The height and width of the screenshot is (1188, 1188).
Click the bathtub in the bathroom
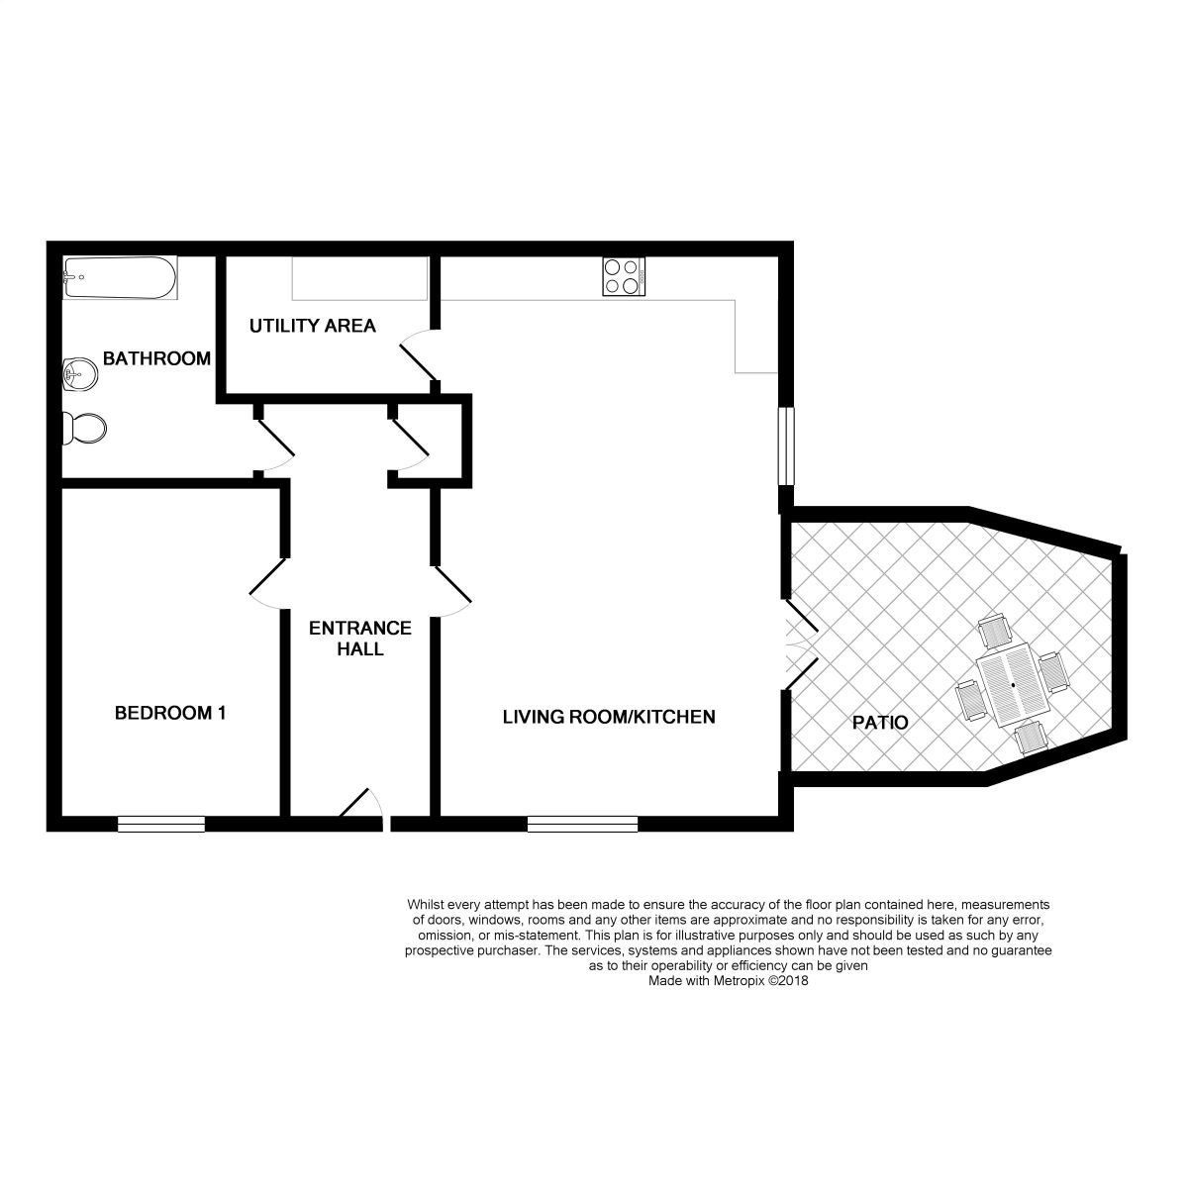[x=120, y=277]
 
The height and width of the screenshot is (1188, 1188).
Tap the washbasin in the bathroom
[x=80, y=374]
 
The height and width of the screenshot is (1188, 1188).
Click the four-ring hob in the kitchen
[x=624, y=277]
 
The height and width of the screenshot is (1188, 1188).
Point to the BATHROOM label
[x=156, y=358]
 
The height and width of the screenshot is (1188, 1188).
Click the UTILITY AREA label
[x=313, y=326]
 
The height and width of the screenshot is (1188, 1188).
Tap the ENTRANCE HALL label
[x=360, y=639]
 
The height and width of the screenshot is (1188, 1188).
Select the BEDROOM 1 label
[x=170, y=713]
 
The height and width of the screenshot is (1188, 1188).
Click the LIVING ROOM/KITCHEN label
[x=609, y=717]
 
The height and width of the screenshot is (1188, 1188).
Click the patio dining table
[x=1013, y=685]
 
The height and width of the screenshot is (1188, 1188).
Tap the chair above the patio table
[x=995, y=631]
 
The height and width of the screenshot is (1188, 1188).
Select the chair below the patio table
[x=1032, y=739]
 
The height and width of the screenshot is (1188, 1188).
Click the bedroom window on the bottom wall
[x=161, y=825]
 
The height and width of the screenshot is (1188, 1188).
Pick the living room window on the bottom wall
[x=582, y=825]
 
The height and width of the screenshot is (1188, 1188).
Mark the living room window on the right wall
[x=786, y=445]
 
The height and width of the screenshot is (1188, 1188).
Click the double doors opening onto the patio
[x=800, y=644]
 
